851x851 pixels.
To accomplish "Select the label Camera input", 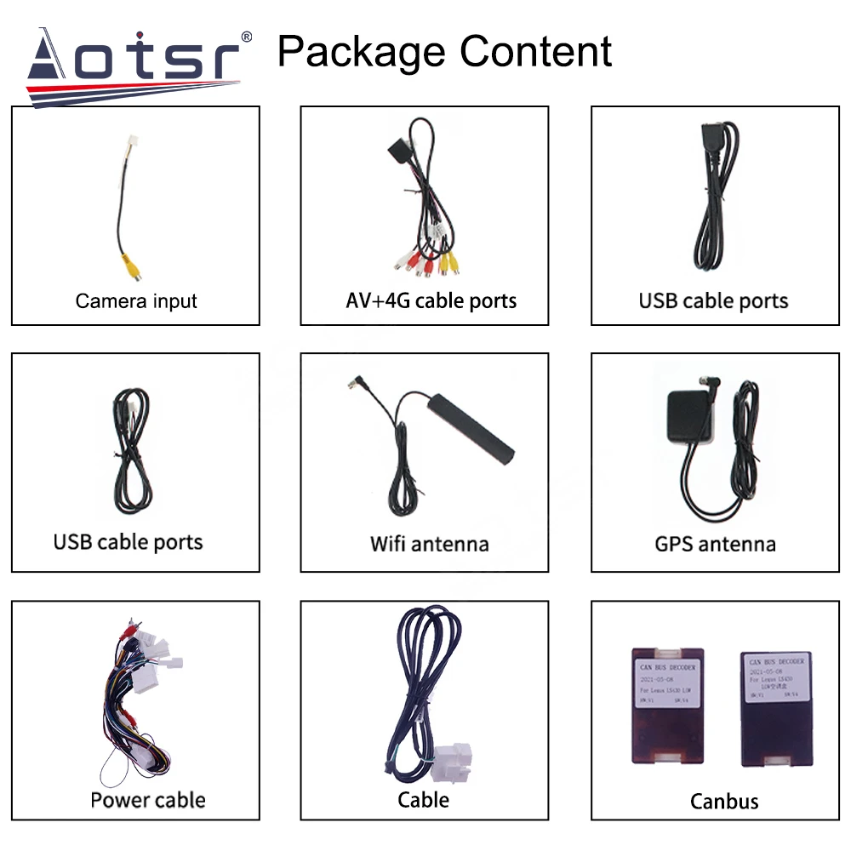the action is pos(136,300).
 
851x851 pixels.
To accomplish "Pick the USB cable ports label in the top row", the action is pos(713,300).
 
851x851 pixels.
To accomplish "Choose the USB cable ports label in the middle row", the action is pos(129,542).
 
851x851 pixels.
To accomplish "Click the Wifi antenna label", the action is pos(429,544).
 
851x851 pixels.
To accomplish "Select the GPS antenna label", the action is pos(715,544).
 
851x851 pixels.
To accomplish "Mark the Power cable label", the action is pos(148,800).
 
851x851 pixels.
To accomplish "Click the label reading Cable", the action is pos(423,800).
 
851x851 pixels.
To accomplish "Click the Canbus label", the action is pos(724,801).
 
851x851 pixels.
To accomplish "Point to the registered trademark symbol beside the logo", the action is pos(247,37).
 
